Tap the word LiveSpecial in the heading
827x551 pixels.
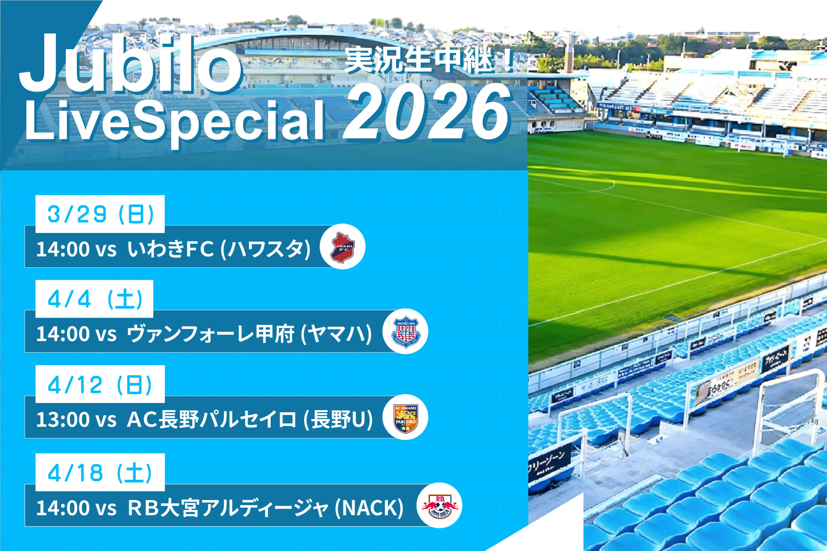[174, 121]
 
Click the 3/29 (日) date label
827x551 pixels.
[100, 214]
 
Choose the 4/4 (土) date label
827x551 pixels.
[94, 299]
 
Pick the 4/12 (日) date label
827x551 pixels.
[100, 384]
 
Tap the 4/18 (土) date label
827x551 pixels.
[100, 472]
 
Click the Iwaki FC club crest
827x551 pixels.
[342, 247]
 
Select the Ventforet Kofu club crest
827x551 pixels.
[405, 331]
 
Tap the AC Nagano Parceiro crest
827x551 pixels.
[405, 418]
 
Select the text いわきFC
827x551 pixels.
[170, 249]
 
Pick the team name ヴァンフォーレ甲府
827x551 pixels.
[210, 333]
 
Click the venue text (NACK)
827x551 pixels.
[369, 508]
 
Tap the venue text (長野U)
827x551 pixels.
[338, 419]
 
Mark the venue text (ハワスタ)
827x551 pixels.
[266, 249]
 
